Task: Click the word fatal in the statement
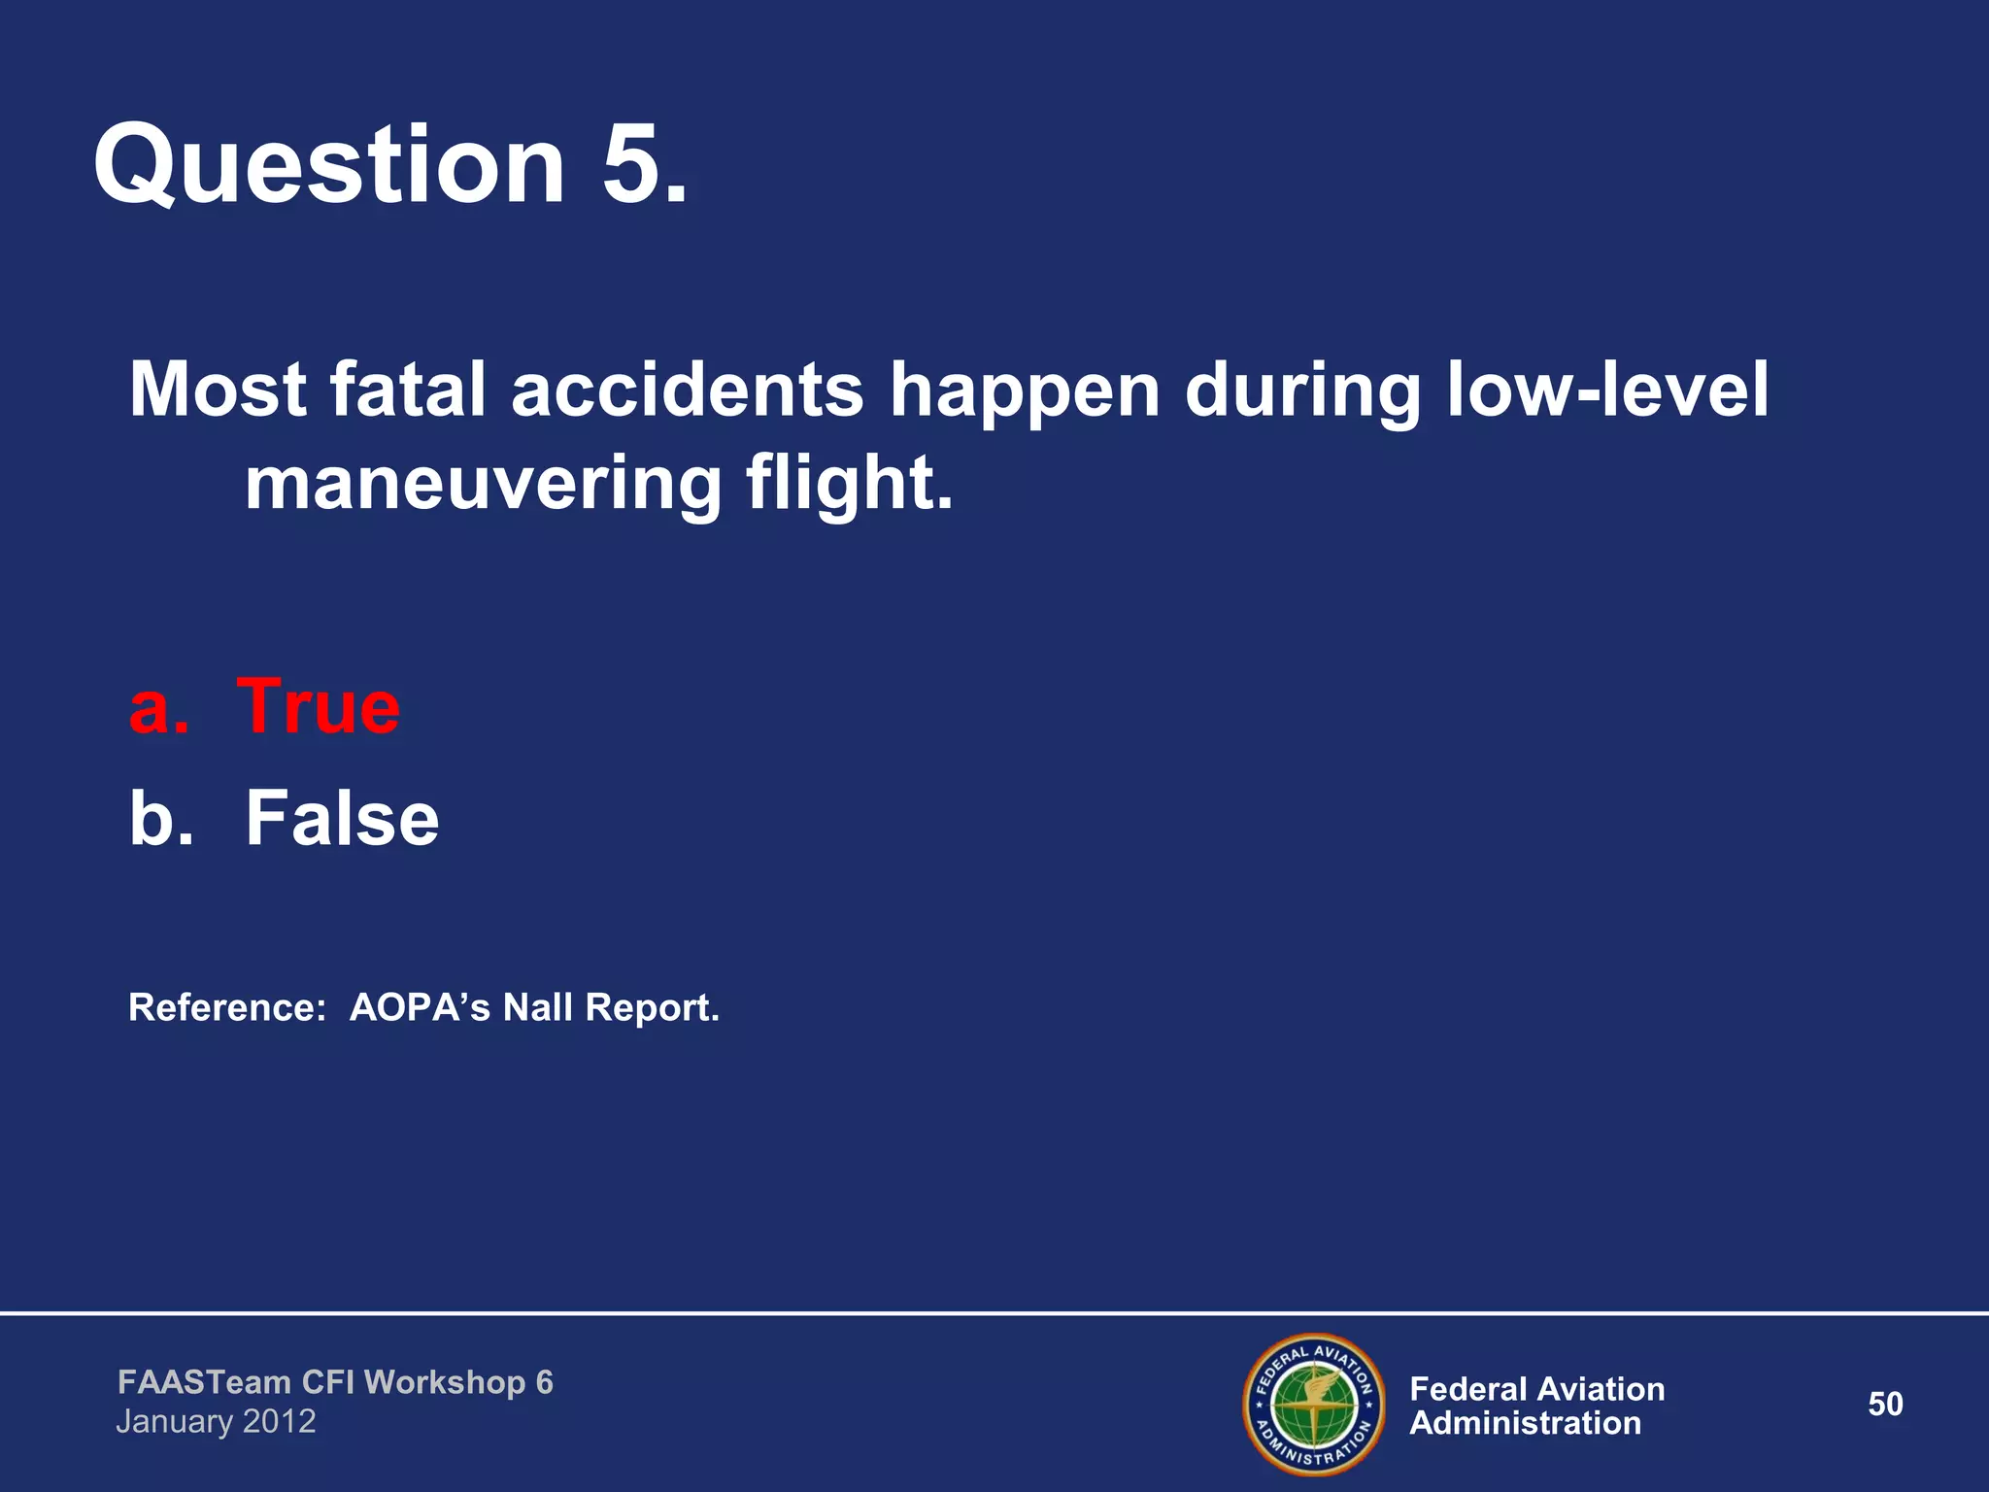point(407,390)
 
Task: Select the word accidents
point(687,390)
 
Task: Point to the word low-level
point(1607,390)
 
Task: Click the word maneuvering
point(483,485)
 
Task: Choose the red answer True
point(318,707)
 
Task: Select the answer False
point(342,819)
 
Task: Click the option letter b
point(155,819)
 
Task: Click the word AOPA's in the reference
point(420,1008)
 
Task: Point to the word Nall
point(537,1008)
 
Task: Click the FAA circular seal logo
point(1314,1405)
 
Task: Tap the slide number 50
point(1885,1405)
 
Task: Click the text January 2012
point(216,1422)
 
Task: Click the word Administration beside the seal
point(1525,1424)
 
